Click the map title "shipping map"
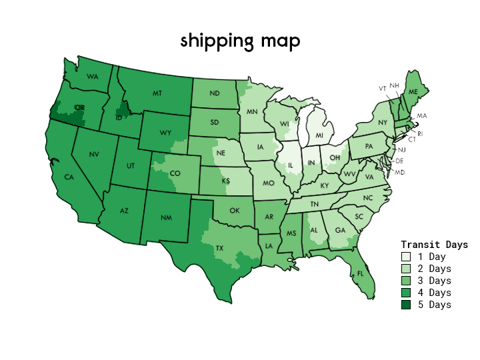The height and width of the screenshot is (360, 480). pyautogui.click(x=240, y=41)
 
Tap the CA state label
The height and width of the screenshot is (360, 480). pyautogui.click(x=69, y=177)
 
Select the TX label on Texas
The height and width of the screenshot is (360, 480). pyautogui.click(x=219, y=248)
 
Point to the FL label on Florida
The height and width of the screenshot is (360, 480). pyautogui.click(x=361, y=273)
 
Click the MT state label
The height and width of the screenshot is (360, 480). pyautogui.click(x=157, y=93)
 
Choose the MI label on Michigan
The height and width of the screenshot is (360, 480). pyautogui.click(x=319, y=135)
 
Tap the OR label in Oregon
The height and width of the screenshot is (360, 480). pyautogui.click(x=80, y=107)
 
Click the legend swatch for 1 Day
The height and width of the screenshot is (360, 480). pyautogui.click(x=406, y=257)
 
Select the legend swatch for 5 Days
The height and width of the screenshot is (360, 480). pyautogui.click(x=406, y=305)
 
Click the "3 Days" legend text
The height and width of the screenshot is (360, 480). pyautogui.click(x=434, y=281)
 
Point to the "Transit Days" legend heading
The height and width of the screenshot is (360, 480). pyautogui.click(x=434, y=245)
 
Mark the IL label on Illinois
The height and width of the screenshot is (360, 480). pyautogui.click(x=291, y=165)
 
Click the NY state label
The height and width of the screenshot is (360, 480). pyautogui.click(x=382, y=123)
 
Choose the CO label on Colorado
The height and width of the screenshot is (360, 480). pyautogui.click(x=175, y=174)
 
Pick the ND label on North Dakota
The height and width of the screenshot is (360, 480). pyautogui.click(x=214, y=94)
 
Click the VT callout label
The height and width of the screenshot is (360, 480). pyautogui.click(x=383, y=88)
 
